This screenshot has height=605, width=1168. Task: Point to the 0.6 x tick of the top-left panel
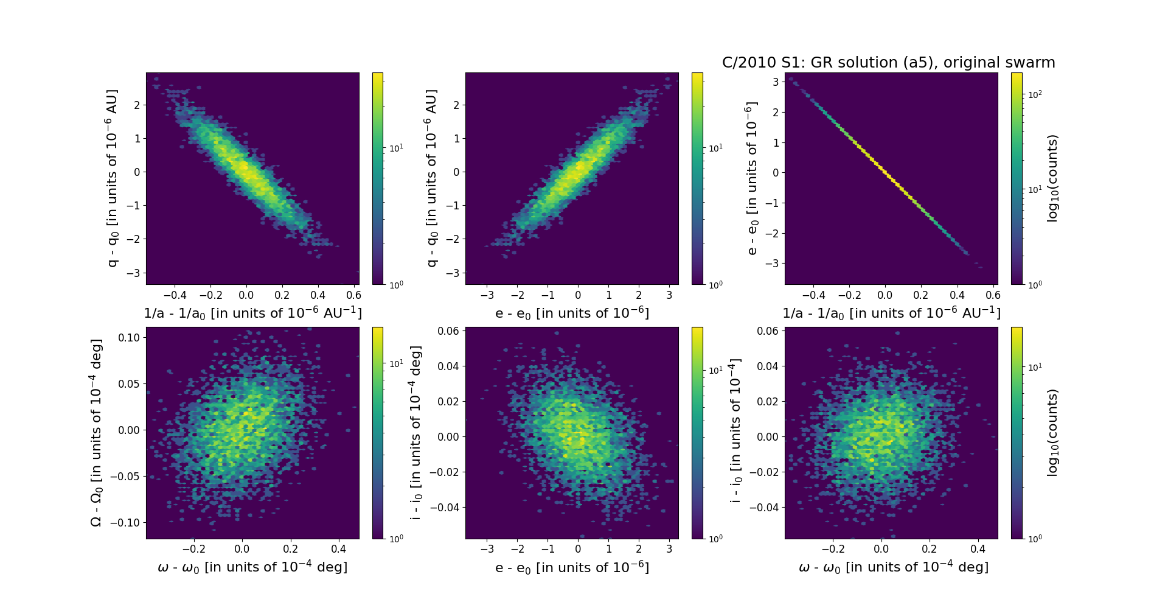[x=353, y=295]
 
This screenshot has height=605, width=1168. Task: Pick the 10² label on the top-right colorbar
[x=1034, y=94]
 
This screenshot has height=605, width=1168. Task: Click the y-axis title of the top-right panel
[x=752, y=178]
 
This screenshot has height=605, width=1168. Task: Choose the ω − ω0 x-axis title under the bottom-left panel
[x=252, y=567]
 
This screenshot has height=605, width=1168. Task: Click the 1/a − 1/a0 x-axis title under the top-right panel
[x=891, y=313]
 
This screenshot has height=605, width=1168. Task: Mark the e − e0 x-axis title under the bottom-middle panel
[x=572, y=568]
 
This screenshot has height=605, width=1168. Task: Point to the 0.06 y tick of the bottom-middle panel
[x=448, y=331]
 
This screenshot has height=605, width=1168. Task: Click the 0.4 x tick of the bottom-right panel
[x=978, y=549]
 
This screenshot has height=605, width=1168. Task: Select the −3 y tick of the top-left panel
[x=133, y=273]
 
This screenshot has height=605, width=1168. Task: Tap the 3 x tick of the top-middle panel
[x=669, y=295]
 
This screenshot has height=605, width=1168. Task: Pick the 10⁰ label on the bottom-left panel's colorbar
[x=396, y=539]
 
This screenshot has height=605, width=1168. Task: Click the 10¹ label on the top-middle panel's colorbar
[x=715, y=148]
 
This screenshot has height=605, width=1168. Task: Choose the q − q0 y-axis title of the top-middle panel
[x=431, y=178]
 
